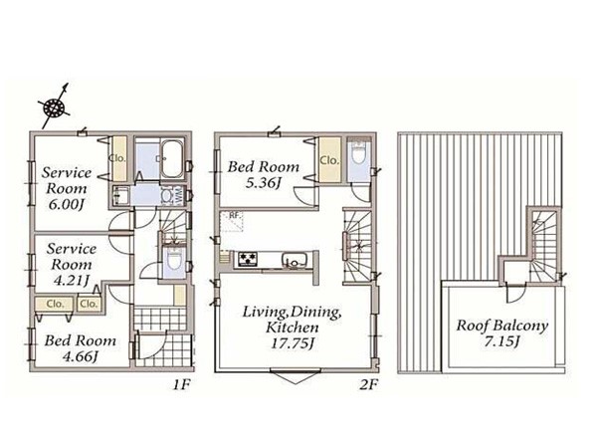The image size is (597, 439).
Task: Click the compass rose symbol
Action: click(x=54, y=107)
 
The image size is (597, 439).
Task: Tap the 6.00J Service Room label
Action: click(x=67, y=188)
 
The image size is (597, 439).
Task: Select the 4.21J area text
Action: click(x=72, y=281)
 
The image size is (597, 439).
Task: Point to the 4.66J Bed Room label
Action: click(x=81, y=348)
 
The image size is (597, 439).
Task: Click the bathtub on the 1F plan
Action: click(x=172, y=158)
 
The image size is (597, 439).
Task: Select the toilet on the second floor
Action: click(x=358, y=153)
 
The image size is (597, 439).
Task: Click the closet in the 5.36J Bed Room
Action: click(x=329, y=160)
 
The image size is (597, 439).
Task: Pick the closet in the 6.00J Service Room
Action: click(x=118, y=158)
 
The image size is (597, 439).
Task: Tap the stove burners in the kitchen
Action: click(x=248, y=259)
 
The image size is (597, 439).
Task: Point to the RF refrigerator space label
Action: click(x=235, y=215)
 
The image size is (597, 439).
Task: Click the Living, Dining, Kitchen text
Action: click(x=292, y=320)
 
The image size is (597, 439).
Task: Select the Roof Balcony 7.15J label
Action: click(x=501, y=333)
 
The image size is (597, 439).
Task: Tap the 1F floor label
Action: click(x=181, y=384)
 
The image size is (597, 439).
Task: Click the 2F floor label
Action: click(x=368, y=384)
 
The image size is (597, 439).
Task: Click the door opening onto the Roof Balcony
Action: click(x=516, y=292)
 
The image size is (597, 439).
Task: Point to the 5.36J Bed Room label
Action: click(x=264, y=175)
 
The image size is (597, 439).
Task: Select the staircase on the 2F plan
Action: click(x=357, y=247)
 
